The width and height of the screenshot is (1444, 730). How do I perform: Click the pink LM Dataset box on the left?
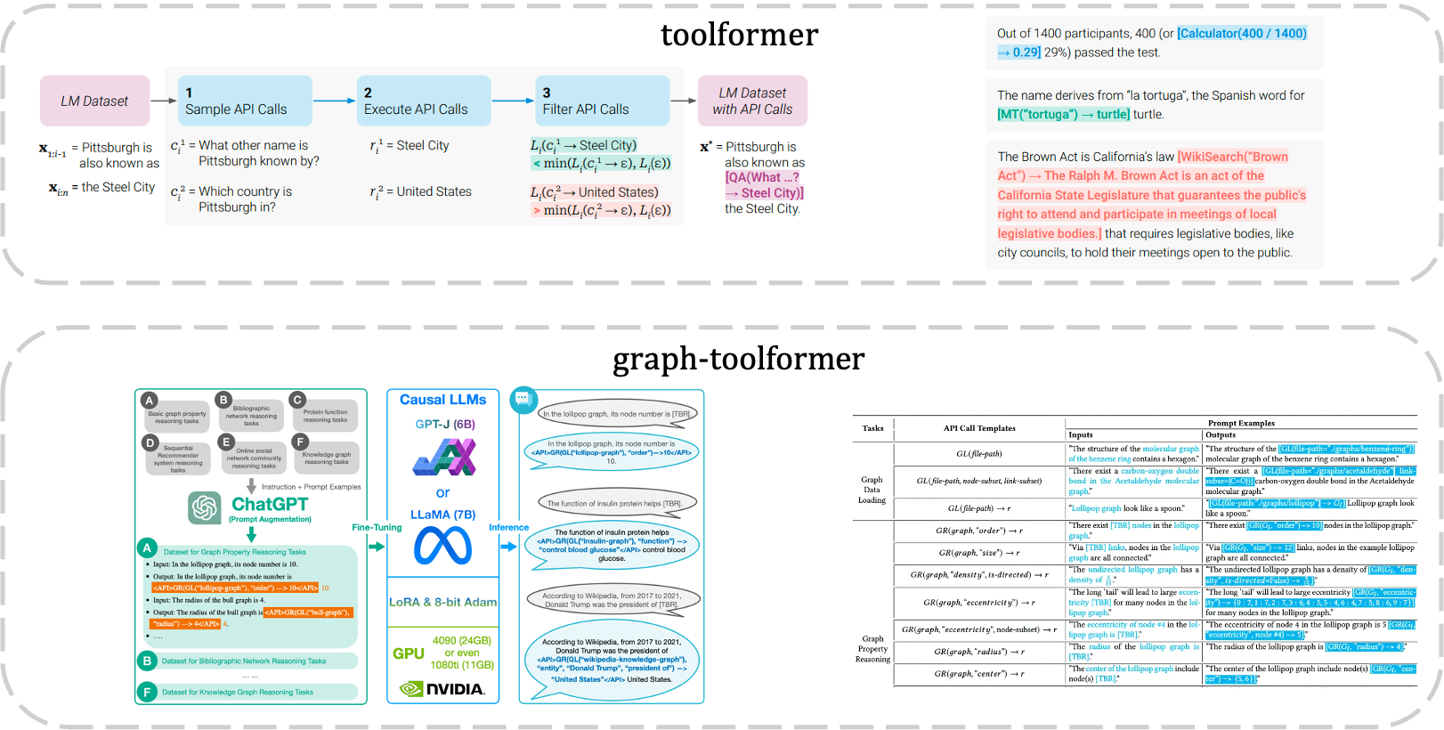point(94,101)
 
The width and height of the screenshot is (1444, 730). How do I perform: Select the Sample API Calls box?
point(245,101)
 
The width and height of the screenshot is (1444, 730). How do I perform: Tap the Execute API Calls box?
point(424,101)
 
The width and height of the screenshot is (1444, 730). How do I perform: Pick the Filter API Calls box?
point(603,101)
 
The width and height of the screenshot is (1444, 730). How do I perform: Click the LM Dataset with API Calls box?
point(752,101)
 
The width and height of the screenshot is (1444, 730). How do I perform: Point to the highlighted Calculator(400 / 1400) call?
point(1242,34)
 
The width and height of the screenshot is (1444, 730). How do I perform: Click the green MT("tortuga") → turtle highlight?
point(1063,115)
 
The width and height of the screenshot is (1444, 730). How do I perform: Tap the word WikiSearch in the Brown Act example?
point(1212,157)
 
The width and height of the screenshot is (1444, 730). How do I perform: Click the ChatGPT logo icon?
point(205,507)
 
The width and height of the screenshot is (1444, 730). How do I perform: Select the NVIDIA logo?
point(442,689)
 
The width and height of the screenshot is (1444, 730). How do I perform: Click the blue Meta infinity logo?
point(442,546)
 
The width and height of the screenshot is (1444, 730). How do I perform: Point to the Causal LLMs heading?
point(442,400)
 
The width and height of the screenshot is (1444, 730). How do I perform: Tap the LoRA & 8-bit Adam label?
point(442,602)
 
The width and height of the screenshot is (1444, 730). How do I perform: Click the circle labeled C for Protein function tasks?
point(298,401)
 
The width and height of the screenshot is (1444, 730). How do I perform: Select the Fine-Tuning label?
point(377,527)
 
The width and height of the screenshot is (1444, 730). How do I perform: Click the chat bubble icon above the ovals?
point(523,399)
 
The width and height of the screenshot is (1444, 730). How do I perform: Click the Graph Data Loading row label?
point(872,490)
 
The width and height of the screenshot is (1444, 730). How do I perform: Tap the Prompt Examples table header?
point(1241,423)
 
